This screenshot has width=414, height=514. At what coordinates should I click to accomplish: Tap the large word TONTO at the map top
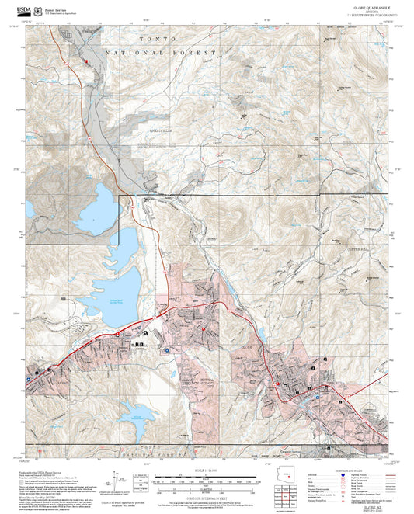pos(147,38)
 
